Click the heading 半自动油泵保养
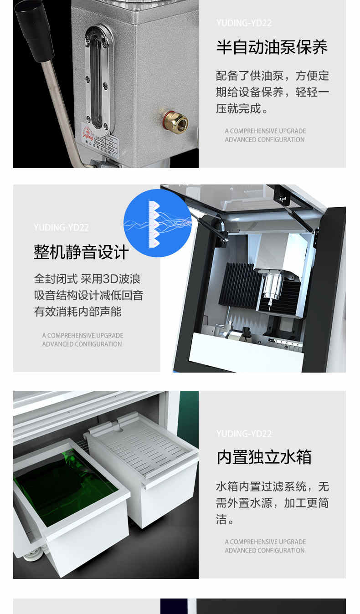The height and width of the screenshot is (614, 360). [x=272, y=47]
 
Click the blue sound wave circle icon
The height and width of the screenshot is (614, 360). [x=158, y=223]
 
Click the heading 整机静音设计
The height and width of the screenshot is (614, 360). [x=81, y=252]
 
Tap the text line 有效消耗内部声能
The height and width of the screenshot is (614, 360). [x=77, y=312]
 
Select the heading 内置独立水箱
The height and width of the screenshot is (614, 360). [x=264, y=457]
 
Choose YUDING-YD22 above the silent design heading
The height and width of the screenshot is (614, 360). [x=61, y=227]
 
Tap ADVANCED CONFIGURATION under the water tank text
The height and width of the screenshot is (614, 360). [x=264, y=551]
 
